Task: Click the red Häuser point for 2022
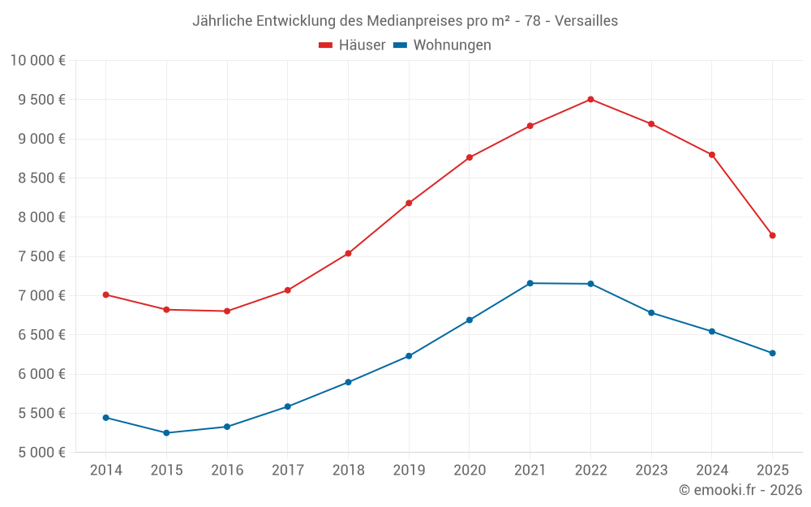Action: pyautogui.click(x=590, y=100)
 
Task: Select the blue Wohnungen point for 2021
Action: pyautogui.click(x=530, y=283)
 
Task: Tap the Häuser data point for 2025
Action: pyautogui.click(x=772, y=235)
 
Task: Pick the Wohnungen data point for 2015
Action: pyautogui.click(x=166, y=433)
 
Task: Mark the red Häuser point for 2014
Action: pyautogui.click(x=105, y=294)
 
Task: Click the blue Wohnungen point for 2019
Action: pyautogui.click(x=409, y=356)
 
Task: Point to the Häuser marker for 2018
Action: pyautogui.click(x=348, y=253)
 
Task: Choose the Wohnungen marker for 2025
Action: pyautogui.click(x=772, y=353)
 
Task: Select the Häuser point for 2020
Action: pyautogui.click(x=470, y=157)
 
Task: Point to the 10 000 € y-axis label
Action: pyautogui.click(x=38, y=60)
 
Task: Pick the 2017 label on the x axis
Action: pyautogui.click(x=288, y=470)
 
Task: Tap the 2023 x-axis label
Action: pyautogui.click(x=651, y=470)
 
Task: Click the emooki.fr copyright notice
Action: pyautogui.click(x=740, y=490)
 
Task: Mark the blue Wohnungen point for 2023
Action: pyautogui.click(x=651, y=312)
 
